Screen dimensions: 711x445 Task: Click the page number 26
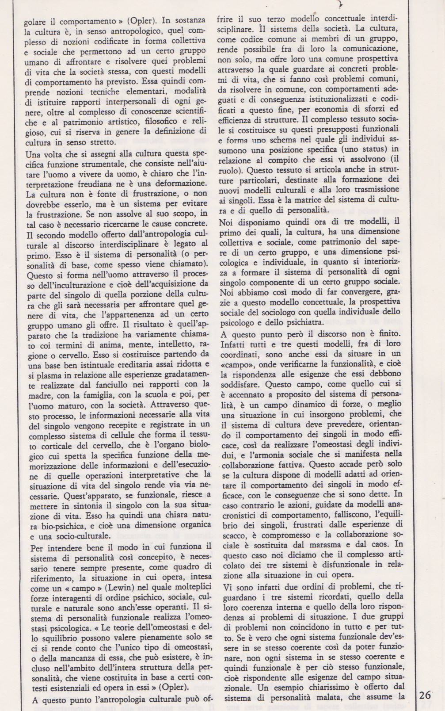(426, 694)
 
